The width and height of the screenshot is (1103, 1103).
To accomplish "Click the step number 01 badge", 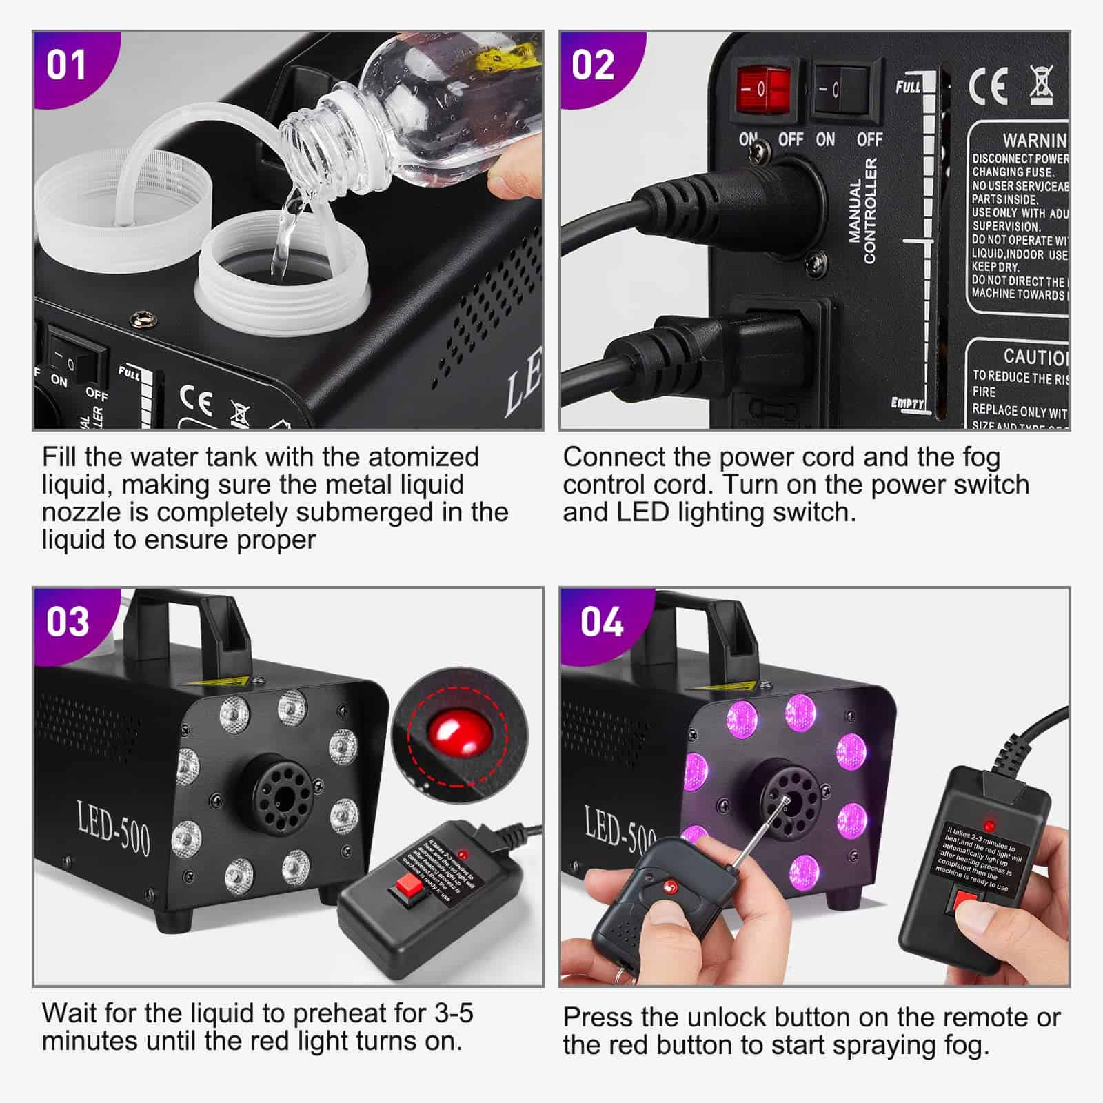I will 66,65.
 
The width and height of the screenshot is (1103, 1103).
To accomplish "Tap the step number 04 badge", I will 602,622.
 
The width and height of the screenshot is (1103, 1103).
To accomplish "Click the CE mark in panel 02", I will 987,85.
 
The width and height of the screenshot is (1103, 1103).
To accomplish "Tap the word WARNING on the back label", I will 1034,140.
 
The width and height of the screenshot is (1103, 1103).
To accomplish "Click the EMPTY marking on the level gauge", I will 907,403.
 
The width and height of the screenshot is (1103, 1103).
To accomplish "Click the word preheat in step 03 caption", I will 338,1013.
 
